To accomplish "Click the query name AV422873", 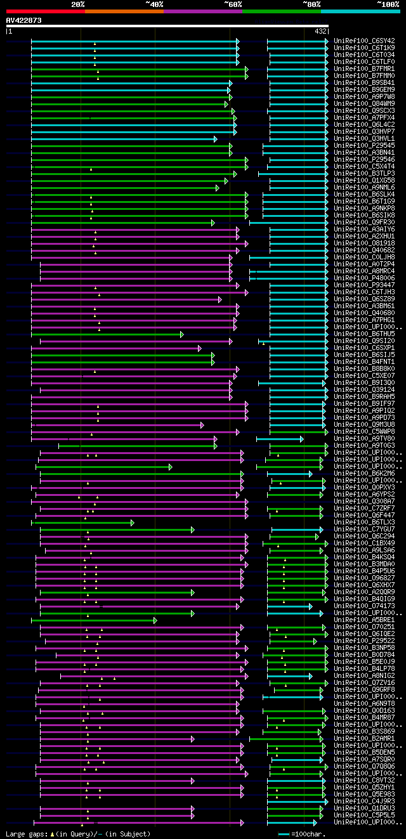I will pyautogui.click(x=24, y=20).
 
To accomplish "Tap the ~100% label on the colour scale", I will pyautogui.click(x=387, y=4).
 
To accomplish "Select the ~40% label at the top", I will pyautogui.click(x=154, y=4).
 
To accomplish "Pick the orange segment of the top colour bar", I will pyautogui.click(x=124, y=11).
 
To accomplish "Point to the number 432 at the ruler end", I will pyautogui.click(x=320, y=31).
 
